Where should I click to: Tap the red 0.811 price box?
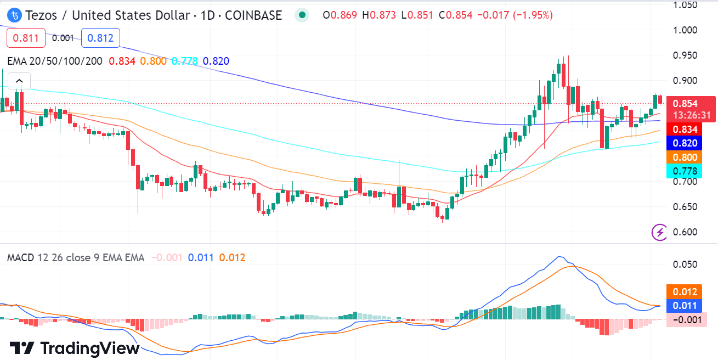(26, 38)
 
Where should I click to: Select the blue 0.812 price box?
(100, 38)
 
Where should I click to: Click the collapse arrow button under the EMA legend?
(19, 80)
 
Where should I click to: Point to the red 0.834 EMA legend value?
(122, 61)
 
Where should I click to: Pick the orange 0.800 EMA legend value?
(153, 61)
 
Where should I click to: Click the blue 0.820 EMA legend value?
(216, 61)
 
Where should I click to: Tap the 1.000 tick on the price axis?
(685, 30)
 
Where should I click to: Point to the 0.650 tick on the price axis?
(685, 207)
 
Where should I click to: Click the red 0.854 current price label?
(685, 103)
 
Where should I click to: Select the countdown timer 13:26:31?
(693, 115)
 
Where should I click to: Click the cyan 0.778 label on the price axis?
(685, 171)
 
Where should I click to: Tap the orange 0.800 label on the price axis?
(685, 157)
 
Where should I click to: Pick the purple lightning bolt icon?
(659, 232)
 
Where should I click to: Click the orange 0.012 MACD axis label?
(685, 292)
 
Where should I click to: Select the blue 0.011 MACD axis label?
(685, 306)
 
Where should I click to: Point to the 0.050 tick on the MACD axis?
(685, 265)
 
